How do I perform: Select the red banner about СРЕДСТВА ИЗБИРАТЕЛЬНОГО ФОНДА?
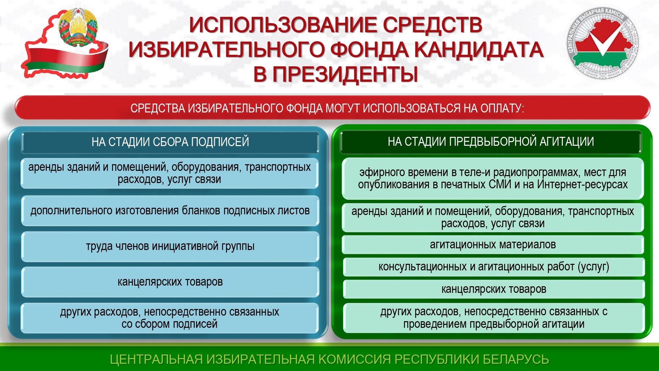(x=332, y=108)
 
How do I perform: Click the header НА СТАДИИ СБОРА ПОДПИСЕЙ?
(x=170, y=142)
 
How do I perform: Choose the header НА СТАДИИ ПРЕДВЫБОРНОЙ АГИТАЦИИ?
(x=491, y=142)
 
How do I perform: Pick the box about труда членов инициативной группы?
(x=170, y=246)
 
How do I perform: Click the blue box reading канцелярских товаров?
(x=170, y=282)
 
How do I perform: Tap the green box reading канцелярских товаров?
(x=494, y=289)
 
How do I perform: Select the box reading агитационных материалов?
(x=493, y=245)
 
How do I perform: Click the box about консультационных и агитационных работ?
(x=494, y=267)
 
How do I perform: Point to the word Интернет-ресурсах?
(x=583, y=184)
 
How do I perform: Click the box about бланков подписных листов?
(x=170, y=211)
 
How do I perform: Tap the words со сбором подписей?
(x=169, y=324)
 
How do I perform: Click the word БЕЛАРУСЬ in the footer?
(x=516, y=359)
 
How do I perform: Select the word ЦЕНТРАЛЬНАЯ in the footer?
(x=156, y=359)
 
